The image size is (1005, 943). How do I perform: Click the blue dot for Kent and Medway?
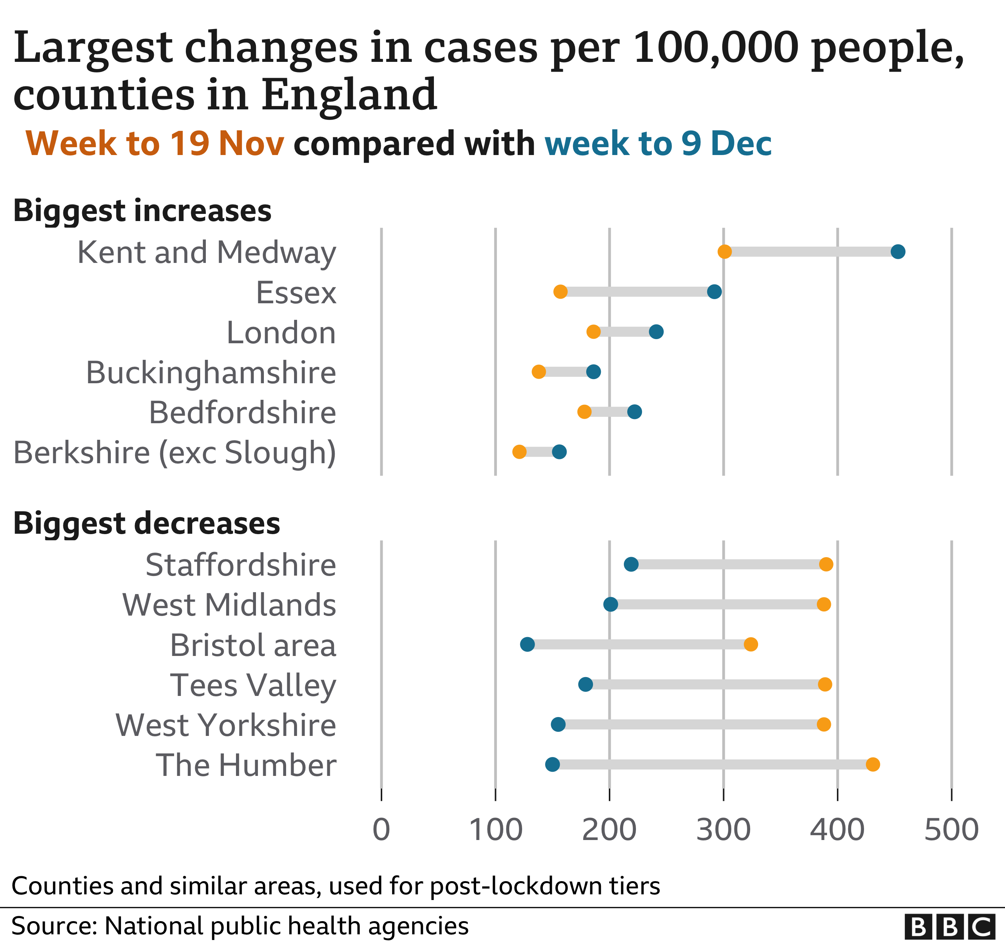coord(898,252)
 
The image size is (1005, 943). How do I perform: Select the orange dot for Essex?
coord(560,292)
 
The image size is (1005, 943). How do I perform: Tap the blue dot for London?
coord(656,332)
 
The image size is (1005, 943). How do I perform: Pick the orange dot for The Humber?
coord(873,765)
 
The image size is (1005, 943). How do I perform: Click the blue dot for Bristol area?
coord(527,645)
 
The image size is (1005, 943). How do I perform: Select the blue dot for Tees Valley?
coord(585,685)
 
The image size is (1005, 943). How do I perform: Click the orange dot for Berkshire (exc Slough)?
coord(519,452)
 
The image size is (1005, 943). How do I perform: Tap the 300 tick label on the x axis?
coord(723,830)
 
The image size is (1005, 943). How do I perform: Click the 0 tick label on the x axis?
coord(381,830)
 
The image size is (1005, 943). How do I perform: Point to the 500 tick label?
coord(951,830)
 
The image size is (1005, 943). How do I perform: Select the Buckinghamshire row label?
coord(211,373)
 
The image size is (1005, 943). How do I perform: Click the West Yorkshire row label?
coord(225,725)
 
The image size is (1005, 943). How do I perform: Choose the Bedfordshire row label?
coord(242,413)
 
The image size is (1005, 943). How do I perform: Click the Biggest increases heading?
coord(142,211)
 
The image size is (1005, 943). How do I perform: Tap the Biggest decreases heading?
coord(147,524)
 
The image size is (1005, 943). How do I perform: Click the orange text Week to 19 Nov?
coord(155,144)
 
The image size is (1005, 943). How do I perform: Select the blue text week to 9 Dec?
coord(658,144)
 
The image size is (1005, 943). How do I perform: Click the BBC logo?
coord(949,927)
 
